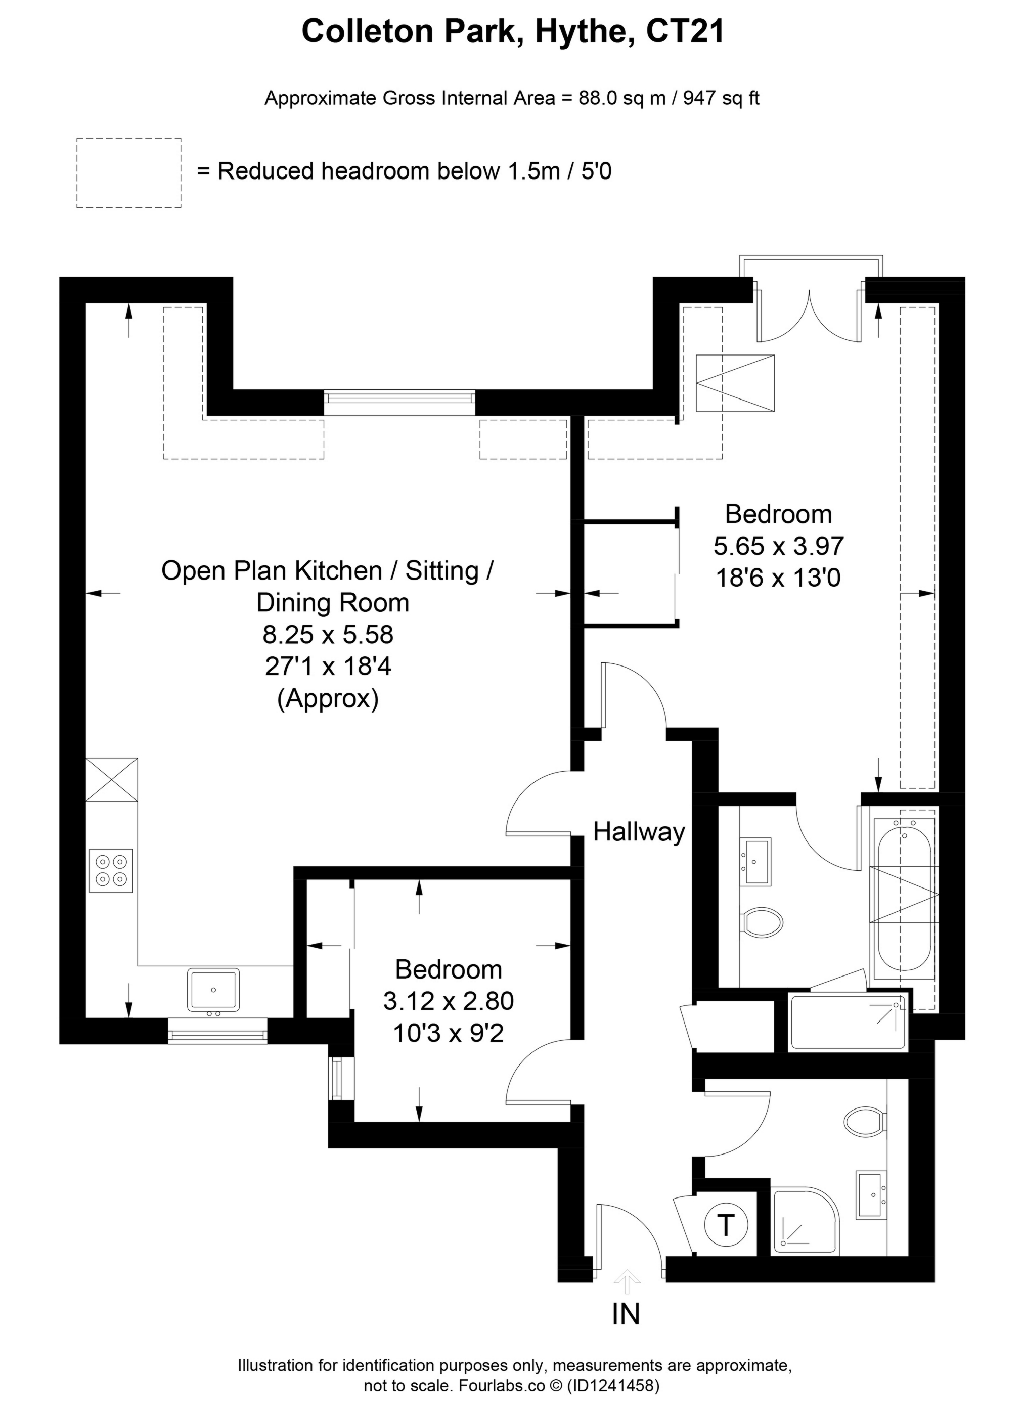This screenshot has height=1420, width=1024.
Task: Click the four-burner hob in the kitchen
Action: (111, 870)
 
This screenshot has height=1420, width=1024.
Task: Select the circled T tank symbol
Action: (726, 1224)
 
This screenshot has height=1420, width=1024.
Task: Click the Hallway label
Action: (639, 832)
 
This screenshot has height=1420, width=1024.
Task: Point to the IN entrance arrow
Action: (627, 1281)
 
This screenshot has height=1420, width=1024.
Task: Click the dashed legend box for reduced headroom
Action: (129, 173)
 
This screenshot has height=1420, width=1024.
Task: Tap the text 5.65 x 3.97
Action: (779, 546)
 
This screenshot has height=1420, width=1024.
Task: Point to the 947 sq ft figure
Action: (721, 98)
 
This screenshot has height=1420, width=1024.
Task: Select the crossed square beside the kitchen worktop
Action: (111, 779)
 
